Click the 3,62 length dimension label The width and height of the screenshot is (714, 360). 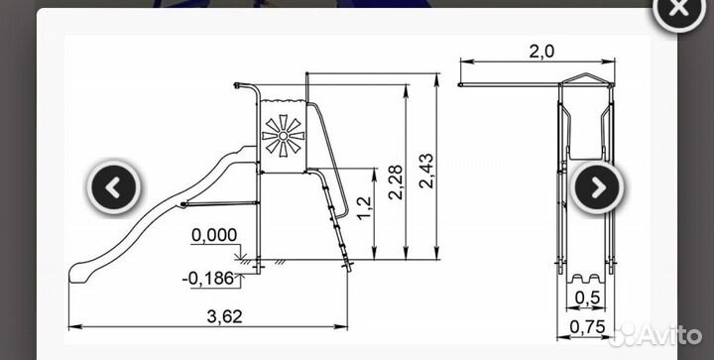pos(224,316)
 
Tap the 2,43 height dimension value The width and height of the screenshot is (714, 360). pos(426,171)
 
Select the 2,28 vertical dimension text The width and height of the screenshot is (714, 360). pos(396,182)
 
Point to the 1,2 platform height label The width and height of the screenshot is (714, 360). pos(364,208)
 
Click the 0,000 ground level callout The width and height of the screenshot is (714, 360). pos(214,235)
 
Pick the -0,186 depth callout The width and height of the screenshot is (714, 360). pos(208,279)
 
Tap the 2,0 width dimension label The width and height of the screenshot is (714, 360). pos(541,52)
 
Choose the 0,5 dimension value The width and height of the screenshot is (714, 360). pos(587,298)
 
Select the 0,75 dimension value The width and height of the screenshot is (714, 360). pos(587,326)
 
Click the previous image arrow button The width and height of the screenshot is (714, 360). pos(114,187)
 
